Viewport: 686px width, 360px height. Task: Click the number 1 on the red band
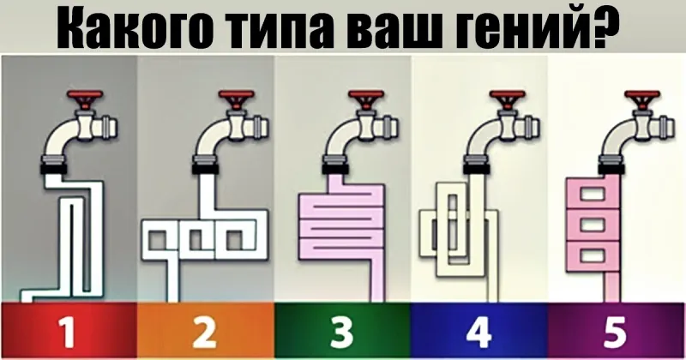pyautogui.click(x=68, y=332)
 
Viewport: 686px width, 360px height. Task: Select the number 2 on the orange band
pyautogui.click(x=204, y=332)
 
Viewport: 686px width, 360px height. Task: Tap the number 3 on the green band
pyautogui.click(x=341, y=333)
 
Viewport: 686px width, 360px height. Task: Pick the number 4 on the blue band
pyautogui.click(x=478, y=332)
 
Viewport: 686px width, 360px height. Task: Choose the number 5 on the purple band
pyautogui.click(x=615, y=333)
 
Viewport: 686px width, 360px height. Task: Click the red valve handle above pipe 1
pyautogui.click(x=86, y=99)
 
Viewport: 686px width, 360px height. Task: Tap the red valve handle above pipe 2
pyautogui.click(x=237, y=99)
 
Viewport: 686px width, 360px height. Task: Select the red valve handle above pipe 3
pyautogui.click(x=367, y=99)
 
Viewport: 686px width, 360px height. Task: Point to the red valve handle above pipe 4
pyautogui.click(x=508, y=99)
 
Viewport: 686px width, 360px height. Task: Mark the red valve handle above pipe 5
pyautogui.click(x=642, y=99)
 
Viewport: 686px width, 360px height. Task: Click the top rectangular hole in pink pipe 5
pyautogui.click(x=593, y=194)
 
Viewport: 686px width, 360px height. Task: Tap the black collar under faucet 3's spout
pyautogui.click(x=336, y=168)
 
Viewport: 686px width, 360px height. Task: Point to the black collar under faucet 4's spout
pyautogui.click(x=477, y=168)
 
